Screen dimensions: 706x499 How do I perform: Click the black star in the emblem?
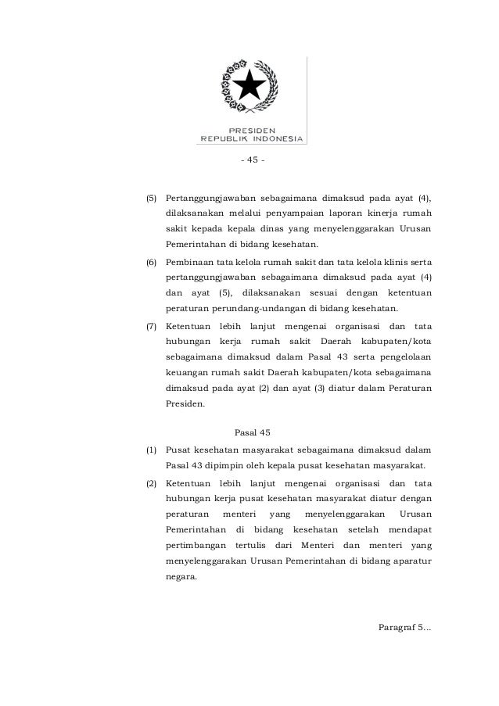click(x=250, y=84)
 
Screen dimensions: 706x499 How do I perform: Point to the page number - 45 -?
click(x=251, y=161)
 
